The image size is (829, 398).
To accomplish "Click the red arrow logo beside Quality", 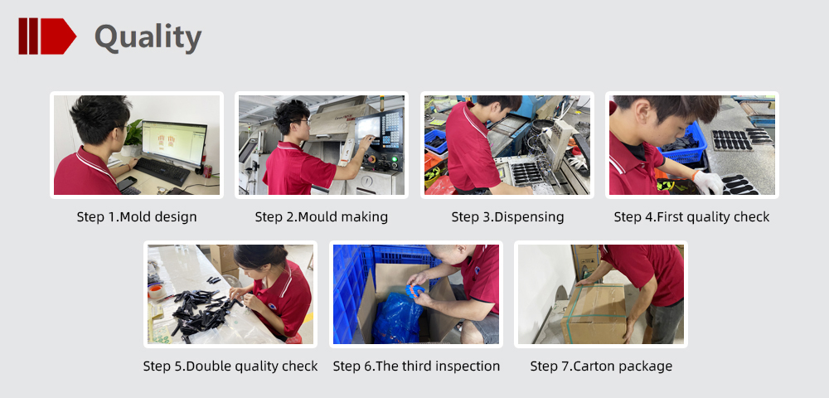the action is (x=47, y=36).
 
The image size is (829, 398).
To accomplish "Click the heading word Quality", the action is (x=148, y=37).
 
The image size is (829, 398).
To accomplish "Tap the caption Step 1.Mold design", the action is (x=137, y=216).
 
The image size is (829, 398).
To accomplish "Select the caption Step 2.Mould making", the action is (x=322, y=216).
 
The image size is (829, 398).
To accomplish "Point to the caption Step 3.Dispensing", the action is (x=507, y=216).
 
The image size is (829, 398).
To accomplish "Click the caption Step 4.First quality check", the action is (x=691, y=216).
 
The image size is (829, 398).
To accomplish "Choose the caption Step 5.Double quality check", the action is (x=230, y=366).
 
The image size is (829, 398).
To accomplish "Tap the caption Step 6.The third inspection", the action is (x=416, y=366).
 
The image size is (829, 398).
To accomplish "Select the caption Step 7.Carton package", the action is (x=601, y=366).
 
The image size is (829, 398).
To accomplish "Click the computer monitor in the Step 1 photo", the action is (x=173, y=143).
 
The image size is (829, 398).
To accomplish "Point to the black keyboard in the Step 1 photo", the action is (x=162, y=172).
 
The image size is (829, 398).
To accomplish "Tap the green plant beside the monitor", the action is (x=133, y=133).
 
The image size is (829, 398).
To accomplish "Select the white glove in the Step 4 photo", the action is (x=707, y=182).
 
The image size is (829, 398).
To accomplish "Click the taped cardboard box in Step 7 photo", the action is (x=594, y=314).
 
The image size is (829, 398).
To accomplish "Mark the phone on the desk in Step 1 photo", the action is (x=126, y=183).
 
